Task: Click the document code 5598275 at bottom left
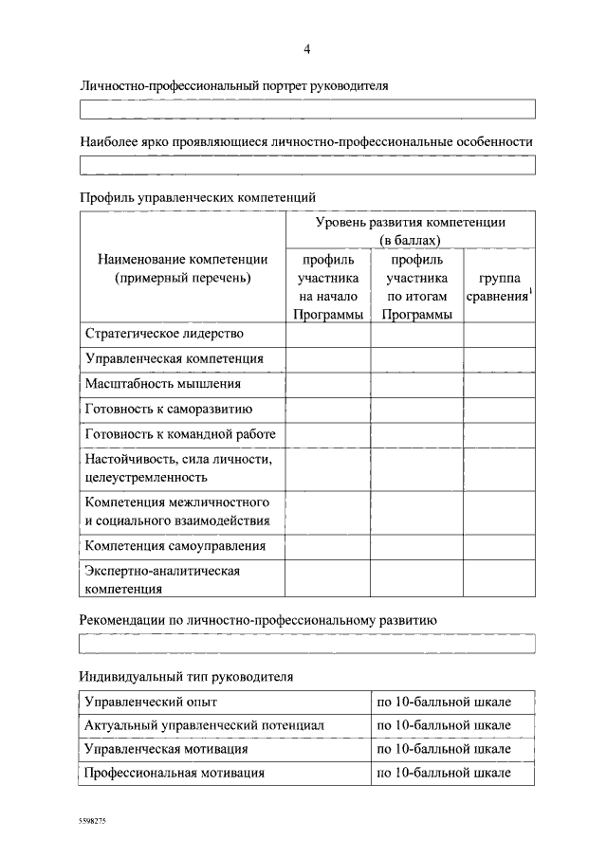point(93,823)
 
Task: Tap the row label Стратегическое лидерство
point(164,334)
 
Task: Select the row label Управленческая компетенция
point(174,359)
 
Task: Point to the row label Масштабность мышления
point(163,384)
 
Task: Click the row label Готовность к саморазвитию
point(168,410)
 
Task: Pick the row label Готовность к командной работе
point(180,434)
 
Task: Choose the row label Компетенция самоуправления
point(175,546)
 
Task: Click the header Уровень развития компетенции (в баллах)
point(410,230)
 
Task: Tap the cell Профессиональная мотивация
point(175,773)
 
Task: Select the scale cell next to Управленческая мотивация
point(443,749)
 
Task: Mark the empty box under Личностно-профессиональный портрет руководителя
point(307,109)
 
